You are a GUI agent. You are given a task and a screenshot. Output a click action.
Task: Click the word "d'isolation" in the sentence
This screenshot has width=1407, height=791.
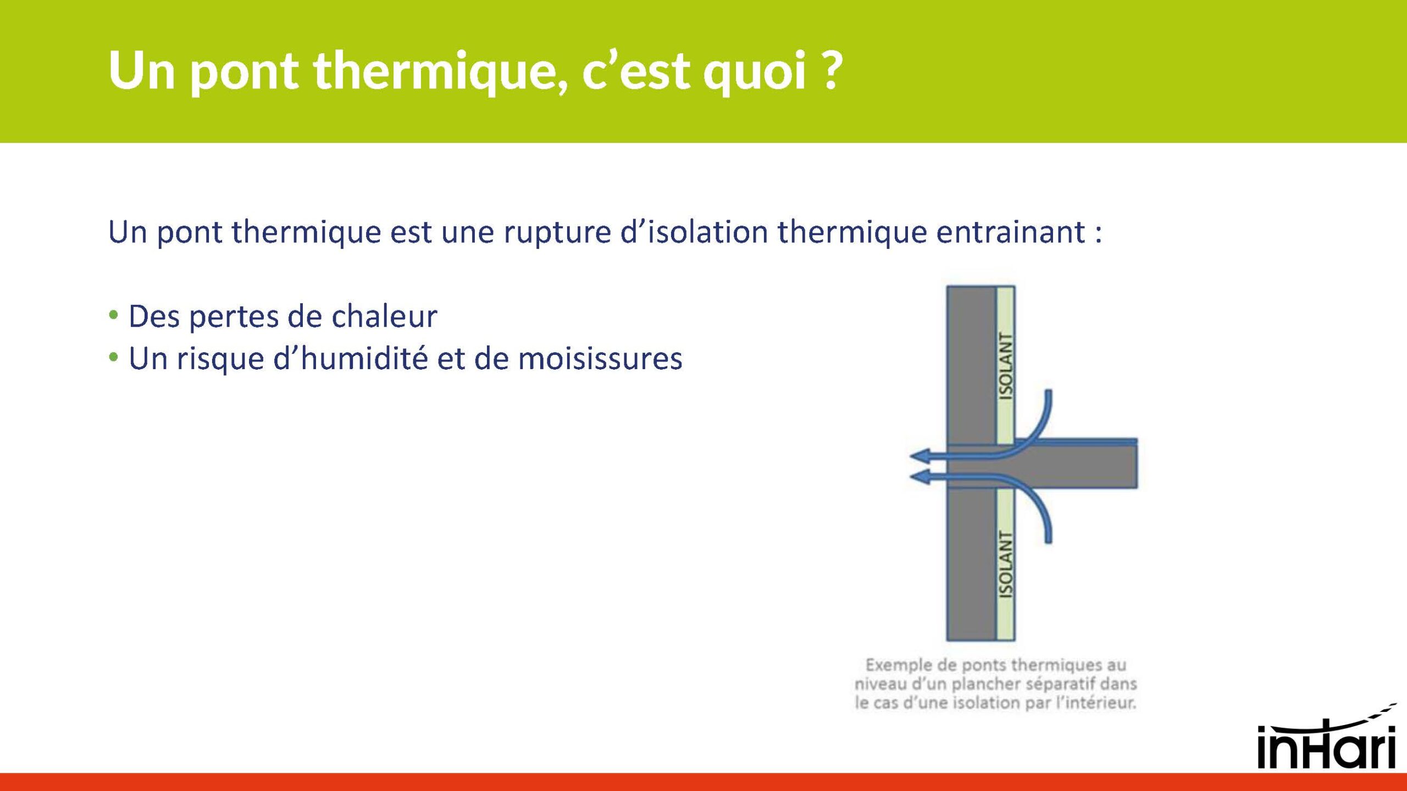click(694, 232)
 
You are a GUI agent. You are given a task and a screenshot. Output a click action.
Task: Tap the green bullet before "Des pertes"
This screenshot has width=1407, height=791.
click(114, 315)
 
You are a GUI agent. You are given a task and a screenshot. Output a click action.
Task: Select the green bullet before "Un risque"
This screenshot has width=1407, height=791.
click(114, 358)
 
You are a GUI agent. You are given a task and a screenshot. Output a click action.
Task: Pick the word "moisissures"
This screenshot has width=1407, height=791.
click(600, 359)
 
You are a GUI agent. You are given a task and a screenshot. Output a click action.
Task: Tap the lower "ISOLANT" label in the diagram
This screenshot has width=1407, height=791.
click(1005, 565)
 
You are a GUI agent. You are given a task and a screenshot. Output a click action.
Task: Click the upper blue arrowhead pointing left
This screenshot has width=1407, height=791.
click(919, 455)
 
